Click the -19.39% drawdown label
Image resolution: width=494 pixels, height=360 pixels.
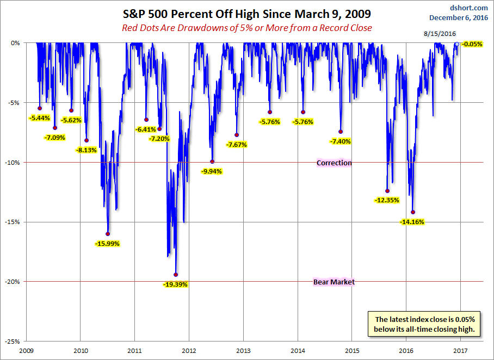tap(175, 284)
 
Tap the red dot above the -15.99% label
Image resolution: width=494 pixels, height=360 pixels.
tap(108, 234)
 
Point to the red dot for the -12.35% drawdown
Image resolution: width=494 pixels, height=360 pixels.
tap(387, 191)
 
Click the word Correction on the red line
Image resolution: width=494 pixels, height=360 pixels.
tap(334, 163)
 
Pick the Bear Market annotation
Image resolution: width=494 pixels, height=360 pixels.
tap(334, 282)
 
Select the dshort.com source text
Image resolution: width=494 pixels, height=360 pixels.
tap(468, 8)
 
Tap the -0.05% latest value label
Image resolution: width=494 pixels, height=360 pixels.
tap(472, 44)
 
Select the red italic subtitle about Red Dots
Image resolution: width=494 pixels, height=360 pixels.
tap(248, 27)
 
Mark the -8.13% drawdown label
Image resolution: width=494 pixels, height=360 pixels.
tap(87, 150)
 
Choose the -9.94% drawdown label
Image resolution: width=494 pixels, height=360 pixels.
tap(212, 171)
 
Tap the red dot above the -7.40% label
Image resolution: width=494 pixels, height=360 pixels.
tap(341, 132)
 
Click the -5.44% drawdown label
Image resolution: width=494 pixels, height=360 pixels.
tap(40, 117)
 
